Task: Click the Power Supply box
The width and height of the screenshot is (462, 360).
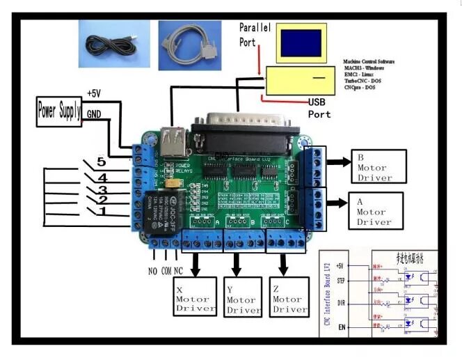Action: pos(60,110)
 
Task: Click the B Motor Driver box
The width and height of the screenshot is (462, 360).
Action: pos(377,166)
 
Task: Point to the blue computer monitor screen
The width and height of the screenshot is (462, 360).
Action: pos(301,42)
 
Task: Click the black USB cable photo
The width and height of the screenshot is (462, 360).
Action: pos(111,44)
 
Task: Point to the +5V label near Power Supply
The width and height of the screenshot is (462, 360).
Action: pos(94,93)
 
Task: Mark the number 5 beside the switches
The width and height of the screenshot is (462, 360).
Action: pos(102,162)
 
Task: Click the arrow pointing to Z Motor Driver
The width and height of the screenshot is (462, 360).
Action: pos(283,263)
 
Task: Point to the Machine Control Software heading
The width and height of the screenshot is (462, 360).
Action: pos(368,62)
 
